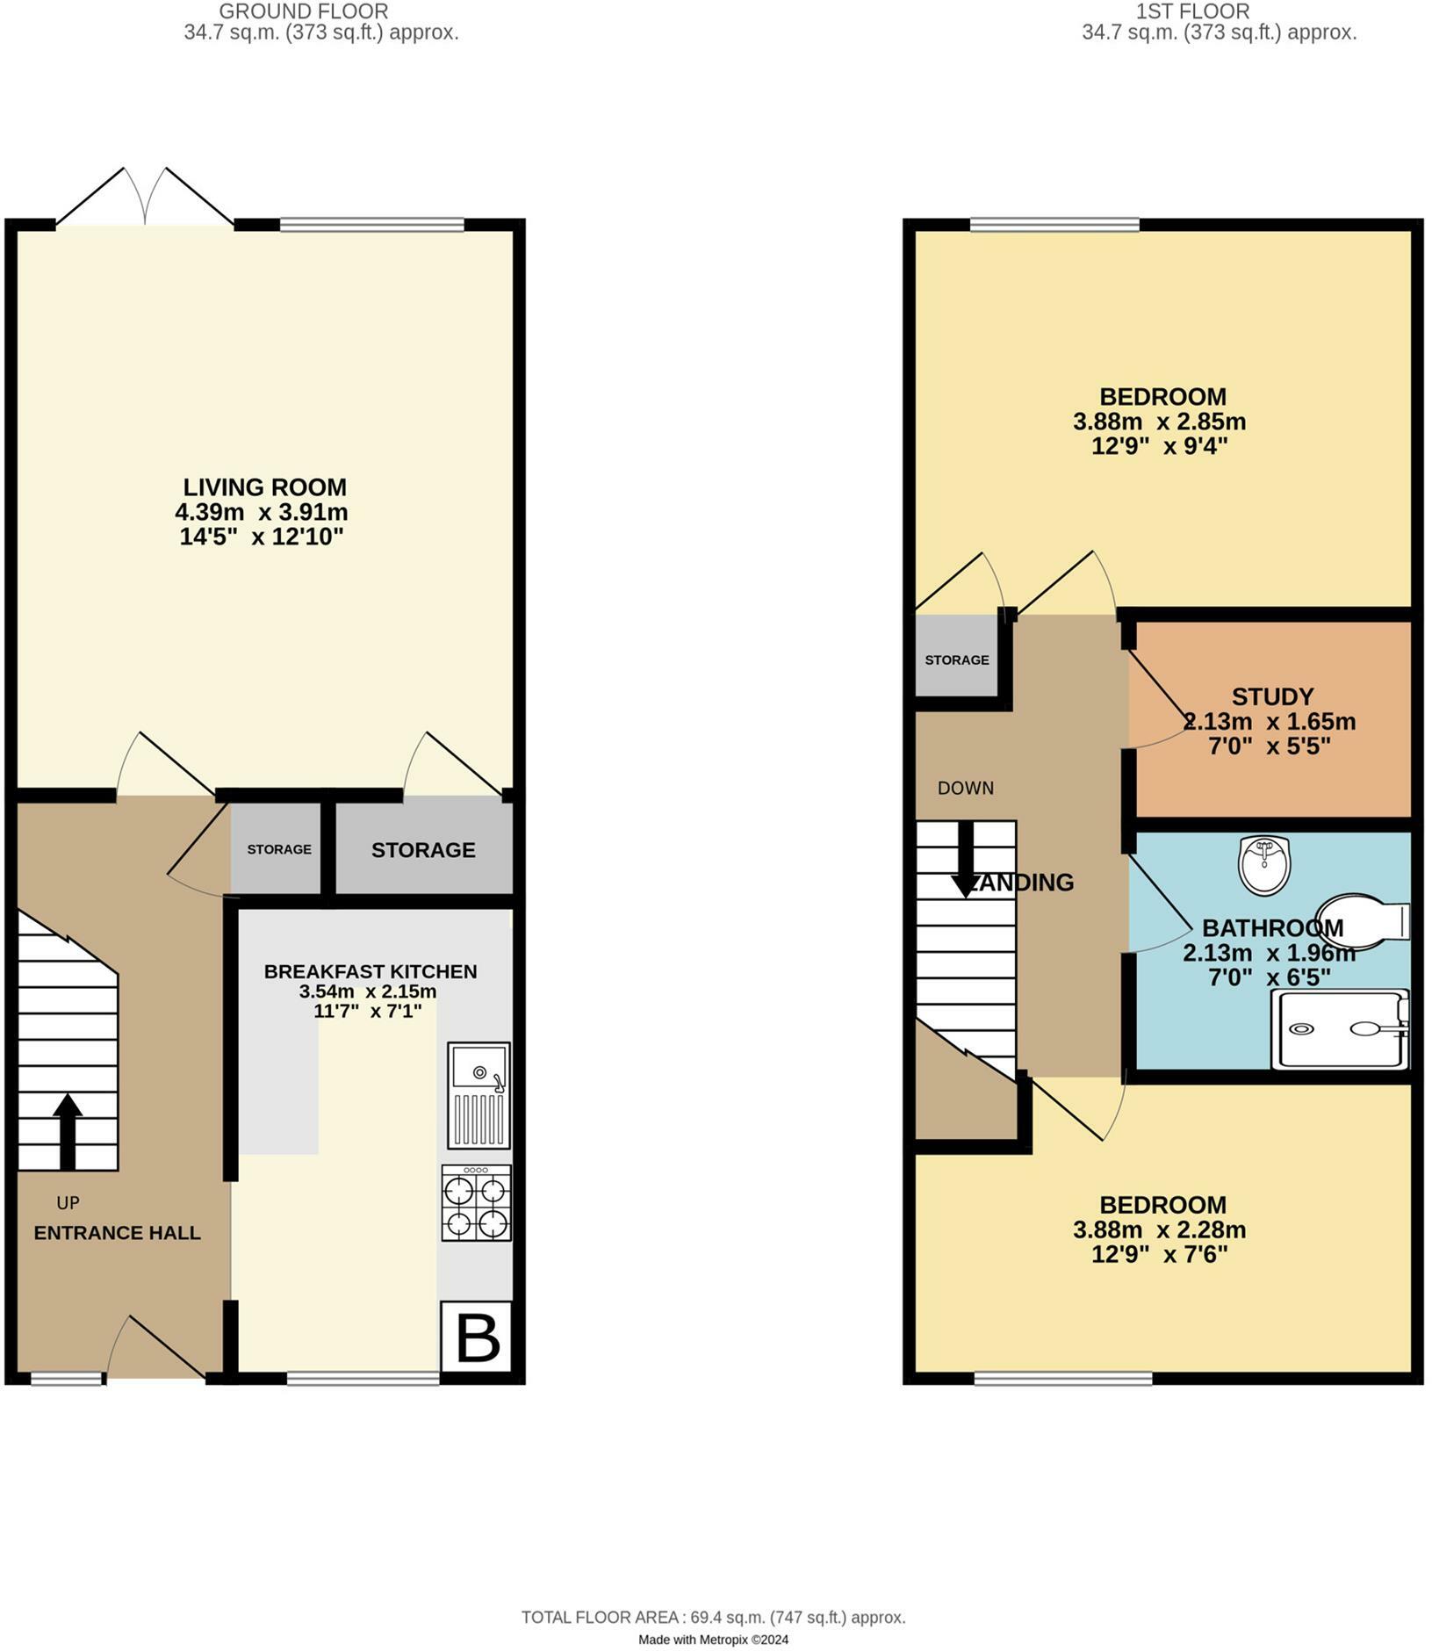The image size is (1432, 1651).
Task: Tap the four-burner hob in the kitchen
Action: (x=476, y=1202)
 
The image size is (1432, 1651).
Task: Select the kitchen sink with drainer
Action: (x=479, y=1094)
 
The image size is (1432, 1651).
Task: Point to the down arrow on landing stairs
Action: (x=965, y=860)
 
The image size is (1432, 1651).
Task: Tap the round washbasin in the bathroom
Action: (x=1264, y=865)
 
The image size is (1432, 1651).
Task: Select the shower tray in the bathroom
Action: (x=1340, y=1028)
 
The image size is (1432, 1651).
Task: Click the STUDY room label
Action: (x=1272, y=696)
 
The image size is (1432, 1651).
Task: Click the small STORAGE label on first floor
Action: (x=956, y=660)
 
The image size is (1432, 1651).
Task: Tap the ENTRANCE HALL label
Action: (x=117, y=1232)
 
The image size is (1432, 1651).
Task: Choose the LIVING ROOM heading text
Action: (x=264, y=487)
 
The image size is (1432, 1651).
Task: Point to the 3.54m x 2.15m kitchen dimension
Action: (x=368, y=991)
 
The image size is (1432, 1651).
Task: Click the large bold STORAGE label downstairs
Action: (x=423, y=849)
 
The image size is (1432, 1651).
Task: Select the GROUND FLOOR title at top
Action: (x=303, y=11)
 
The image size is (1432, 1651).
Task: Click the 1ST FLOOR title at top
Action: (x=1192, y=11)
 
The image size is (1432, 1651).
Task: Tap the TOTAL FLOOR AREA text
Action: (x=713, y=1617)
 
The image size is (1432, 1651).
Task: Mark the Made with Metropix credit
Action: (x=713, y=1640)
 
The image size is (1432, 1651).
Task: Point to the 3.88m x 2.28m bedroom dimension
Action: (x=1159, y=1229)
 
